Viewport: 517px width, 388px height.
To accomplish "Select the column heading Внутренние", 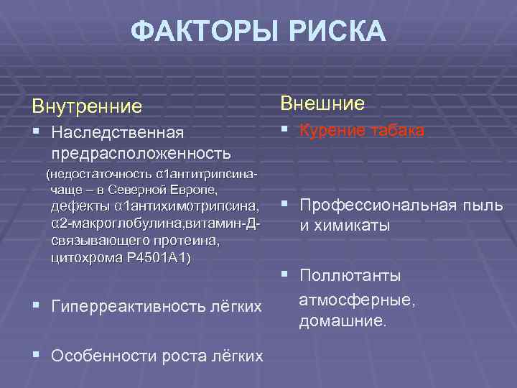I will pos(86,107).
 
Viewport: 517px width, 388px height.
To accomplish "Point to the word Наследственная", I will pos(118,133).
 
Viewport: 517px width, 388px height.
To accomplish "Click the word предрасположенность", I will pos(141,153).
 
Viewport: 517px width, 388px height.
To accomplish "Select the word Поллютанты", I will pos(350,276).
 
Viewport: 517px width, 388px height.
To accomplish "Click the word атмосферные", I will pos(357,299).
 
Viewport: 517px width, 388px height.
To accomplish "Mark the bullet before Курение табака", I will pos(285,130).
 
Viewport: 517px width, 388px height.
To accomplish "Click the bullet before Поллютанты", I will pos(285,275).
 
